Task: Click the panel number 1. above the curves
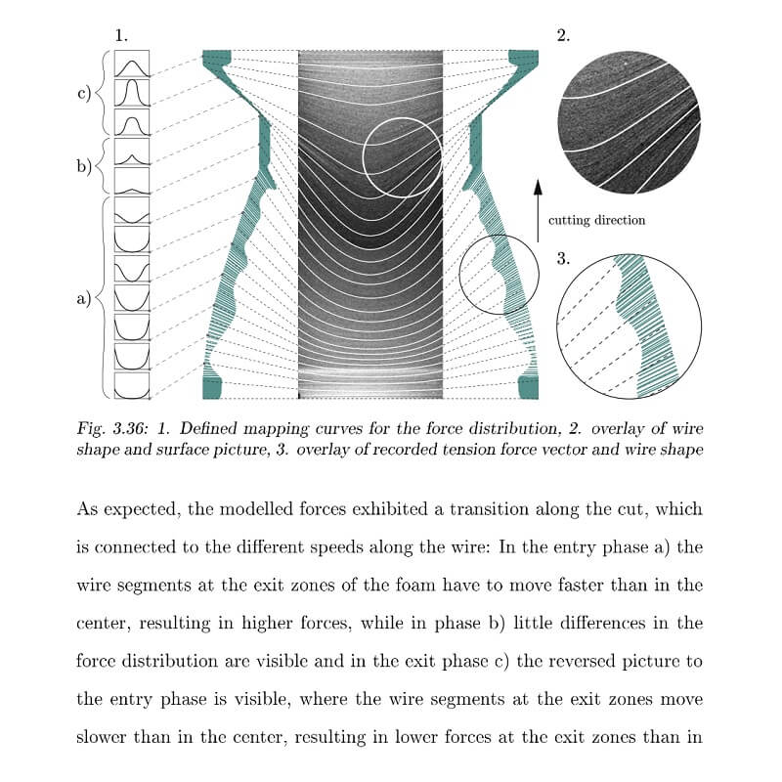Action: coord(121,35)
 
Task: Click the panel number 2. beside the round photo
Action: coord(563,36)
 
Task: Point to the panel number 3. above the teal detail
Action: coord(563,259)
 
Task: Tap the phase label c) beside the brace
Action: coord(84,95)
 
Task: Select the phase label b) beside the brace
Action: coord(84,165)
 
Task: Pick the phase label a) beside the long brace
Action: coord(84,298)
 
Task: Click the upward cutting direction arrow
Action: coord(538,209)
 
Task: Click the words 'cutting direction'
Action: coord(596,220)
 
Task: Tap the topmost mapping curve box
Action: coord(132,65)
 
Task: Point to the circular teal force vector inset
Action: coord(629,324)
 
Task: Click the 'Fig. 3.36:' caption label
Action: coord(105,428)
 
